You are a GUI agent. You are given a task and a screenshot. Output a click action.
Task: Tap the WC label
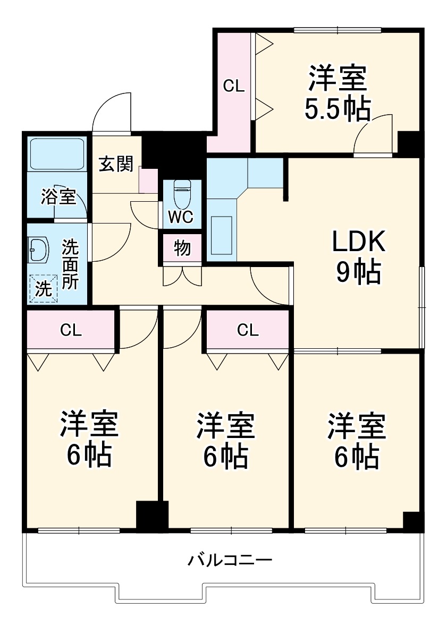(182, 217)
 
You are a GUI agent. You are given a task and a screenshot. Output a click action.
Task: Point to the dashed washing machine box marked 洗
(43, 288)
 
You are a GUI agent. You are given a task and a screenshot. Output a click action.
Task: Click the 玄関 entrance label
(115, 165)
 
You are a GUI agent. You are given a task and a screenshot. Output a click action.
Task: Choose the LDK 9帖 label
(358, 257)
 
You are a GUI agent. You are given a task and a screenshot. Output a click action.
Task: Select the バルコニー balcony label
(230, 560)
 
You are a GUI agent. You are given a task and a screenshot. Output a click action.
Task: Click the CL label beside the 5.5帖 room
(233, 86)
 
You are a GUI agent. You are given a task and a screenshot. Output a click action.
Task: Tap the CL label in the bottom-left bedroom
(71, 330)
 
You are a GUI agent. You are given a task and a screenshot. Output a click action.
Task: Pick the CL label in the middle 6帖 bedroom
(248, 330)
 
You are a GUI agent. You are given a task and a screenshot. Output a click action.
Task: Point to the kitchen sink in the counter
(221, 235)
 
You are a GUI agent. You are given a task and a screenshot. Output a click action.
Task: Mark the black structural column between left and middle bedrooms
(152, 514)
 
